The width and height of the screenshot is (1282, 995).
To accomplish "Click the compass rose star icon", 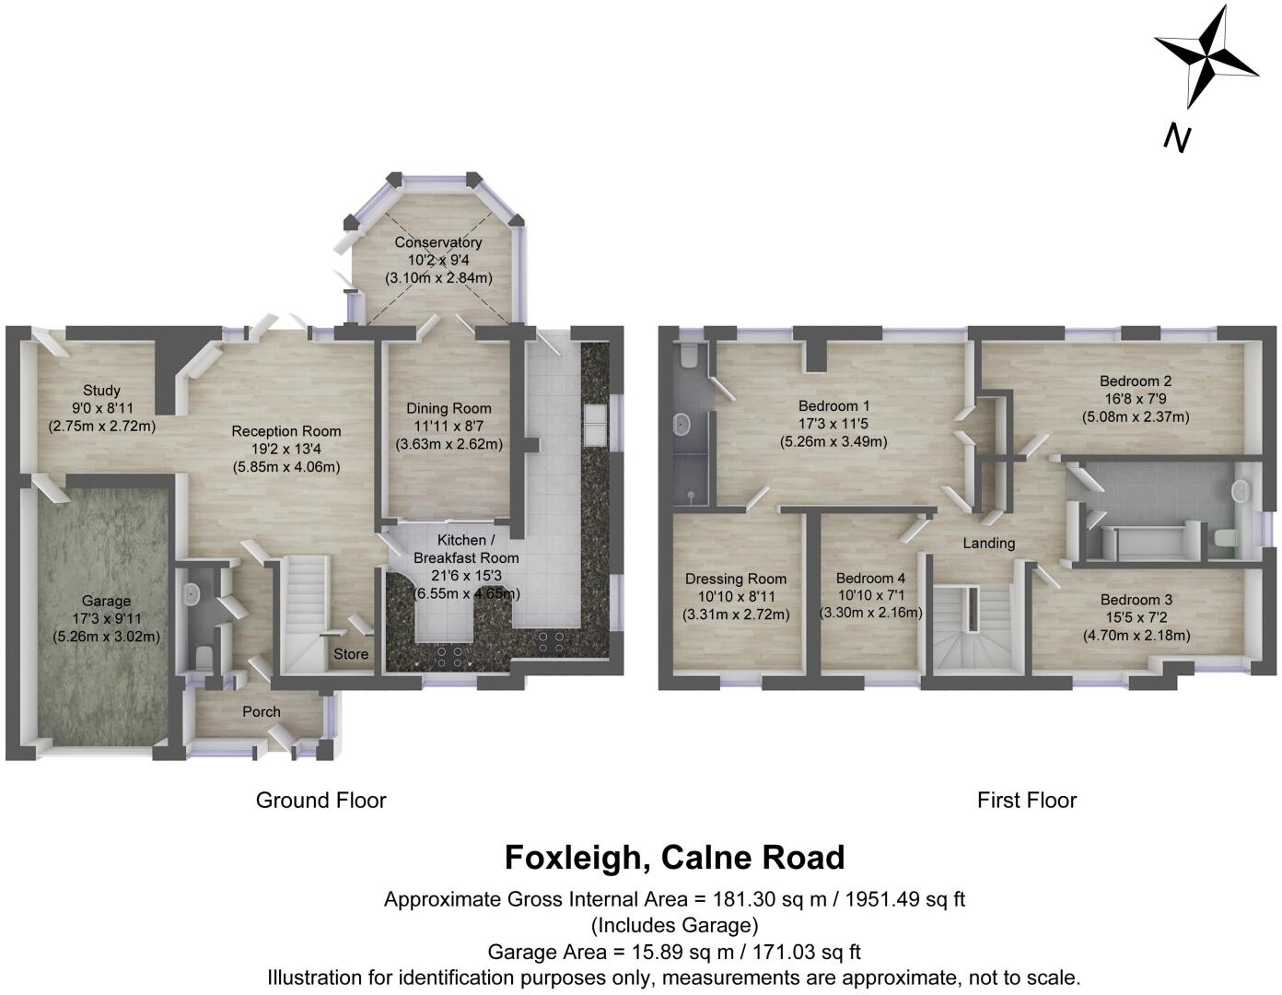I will click(x=1206, y=57).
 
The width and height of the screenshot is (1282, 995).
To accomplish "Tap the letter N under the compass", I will click(x=1177, y=137).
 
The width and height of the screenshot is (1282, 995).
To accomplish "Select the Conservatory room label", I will click(x=438, y=242).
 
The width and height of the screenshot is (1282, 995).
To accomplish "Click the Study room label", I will click(x=101, y=391).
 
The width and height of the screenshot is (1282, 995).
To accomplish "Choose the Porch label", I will click(x=262, y=711).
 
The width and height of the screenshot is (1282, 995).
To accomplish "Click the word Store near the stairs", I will click(x=351, y=654).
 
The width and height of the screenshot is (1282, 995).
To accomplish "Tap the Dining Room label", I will click(x=449, y=408).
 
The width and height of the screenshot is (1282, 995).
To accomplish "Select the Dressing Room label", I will click(x=736, y=579).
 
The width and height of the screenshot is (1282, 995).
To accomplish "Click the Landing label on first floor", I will click(x=989, y=543).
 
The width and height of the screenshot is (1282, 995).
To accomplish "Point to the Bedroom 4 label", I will click(x=870, y=579).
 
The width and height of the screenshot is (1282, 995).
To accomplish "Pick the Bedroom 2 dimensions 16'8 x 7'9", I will click(x=1136, y=399).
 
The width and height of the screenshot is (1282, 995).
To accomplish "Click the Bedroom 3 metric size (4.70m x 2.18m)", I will click(x=1136, y=635).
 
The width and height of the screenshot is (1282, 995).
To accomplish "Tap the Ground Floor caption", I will click(x=320, y=800).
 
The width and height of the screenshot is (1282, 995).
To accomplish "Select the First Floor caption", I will click(x=1027, y=800).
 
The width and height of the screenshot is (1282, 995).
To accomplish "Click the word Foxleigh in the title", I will click(x=575, y=858).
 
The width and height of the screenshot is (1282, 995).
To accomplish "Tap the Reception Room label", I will click(x=286, y=431).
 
